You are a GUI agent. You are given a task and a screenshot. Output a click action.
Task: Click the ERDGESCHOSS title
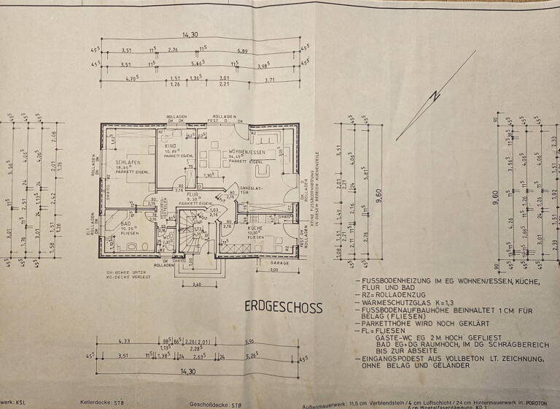(x=282, y=307)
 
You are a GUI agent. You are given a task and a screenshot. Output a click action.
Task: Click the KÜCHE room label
(x=254, y=226)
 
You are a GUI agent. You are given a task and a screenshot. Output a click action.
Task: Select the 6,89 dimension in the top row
(x=241, y=50)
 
